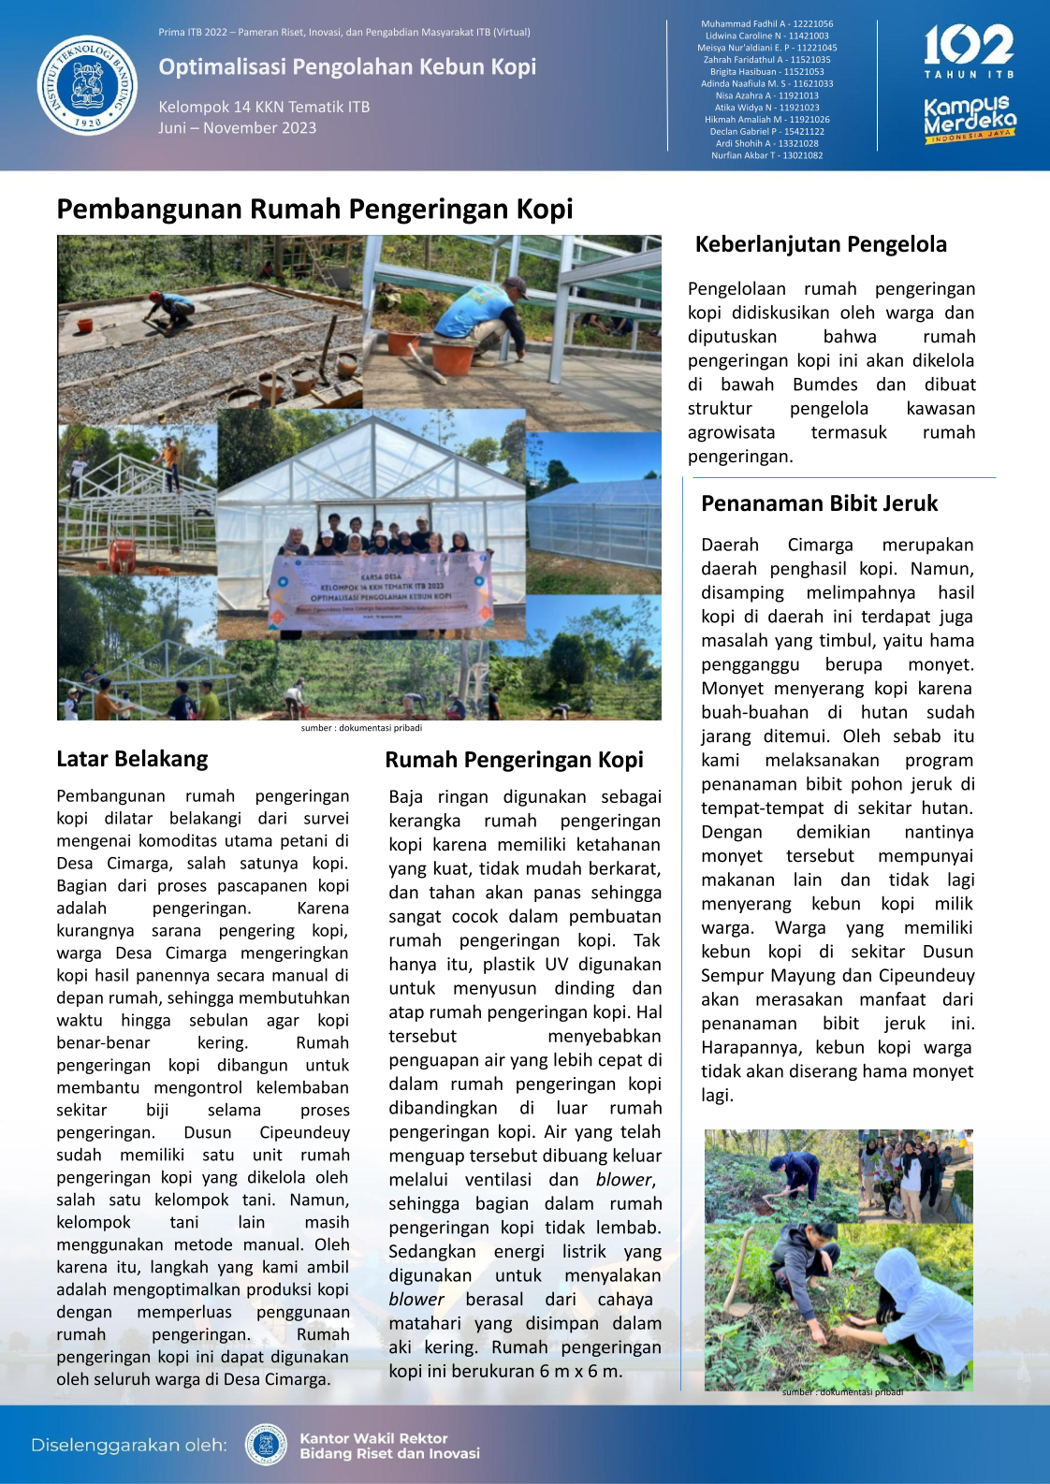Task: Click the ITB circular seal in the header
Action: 87,86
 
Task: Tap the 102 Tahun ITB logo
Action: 969,52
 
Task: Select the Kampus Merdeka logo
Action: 970,119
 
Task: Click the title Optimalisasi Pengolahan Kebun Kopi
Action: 347,66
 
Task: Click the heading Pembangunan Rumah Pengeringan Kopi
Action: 314,209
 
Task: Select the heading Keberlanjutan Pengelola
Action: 821,244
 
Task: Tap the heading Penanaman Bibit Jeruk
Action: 819,503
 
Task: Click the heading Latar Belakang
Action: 132,759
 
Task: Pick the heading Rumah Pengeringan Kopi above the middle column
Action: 514,760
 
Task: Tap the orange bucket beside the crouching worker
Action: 452,356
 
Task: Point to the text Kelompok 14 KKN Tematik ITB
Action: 264,107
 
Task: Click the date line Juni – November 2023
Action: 237,128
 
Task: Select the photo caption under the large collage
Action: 361,728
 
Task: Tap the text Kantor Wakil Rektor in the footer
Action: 373,1438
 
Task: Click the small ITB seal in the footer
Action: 266,1445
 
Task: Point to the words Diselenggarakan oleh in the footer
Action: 128,1445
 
